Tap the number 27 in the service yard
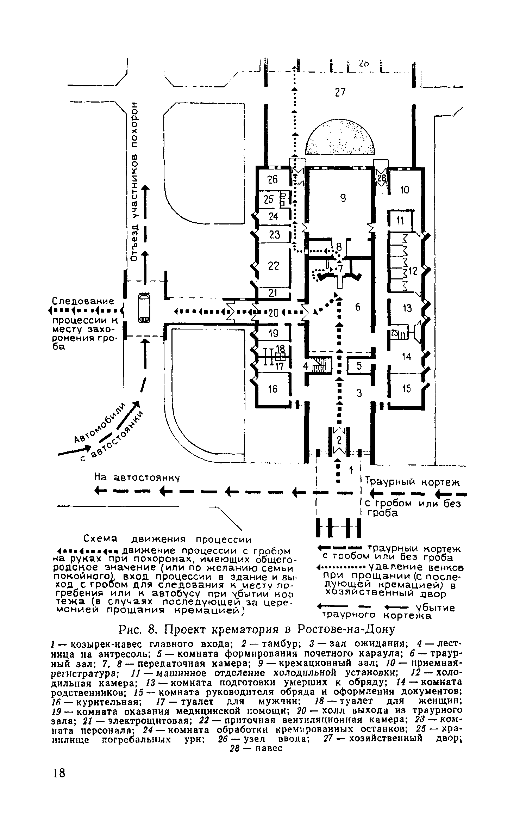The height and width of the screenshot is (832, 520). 340,92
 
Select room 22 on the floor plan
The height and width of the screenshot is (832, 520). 273,266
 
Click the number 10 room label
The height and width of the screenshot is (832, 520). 405,190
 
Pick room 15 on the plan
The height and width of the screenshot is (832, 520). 406,389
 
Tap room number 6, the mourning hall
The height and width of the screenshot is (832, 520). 358,307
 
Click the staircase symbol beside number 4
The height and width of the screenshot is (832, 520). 321,366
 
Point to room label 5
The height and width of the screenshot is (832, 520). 359,366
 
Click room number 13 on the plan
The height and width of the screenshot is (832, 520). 407,309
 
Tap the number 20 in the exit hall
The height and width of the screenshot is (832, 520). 274,313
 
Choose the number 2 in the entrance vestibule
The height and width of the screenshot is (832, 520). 339,440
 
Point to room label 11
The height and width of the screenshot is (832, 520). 400,221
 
